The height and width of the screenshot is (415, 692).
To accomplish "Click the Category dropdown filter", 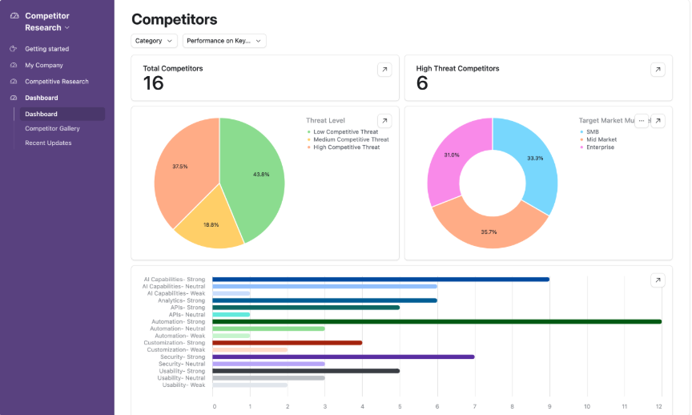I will coord(155,41).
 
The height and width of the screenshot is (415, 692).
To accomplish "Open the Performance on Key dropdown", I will coord(224,41).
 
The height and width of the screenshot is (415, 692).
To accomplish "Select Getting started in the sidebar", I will coord(46,49).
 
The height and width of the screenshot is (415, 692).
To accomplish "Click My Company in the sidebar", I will coord(43,65).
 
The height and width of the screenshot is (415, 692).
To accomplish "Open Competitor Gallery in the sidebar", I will coord(52,128).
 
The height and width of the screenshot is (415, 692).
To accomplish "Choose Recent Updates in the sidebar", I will coord(48,143).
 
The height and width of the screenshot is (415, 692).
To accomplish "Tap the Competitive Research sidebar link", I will coord(56,81).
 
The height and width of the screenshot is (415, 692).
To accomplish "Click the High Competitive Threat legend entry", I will coord(346,147).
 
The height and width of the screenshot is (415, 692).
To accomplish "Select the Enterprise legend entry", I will coord(601,147).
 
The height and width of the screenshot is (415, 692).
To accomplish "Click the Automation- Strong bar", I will coord(437,321).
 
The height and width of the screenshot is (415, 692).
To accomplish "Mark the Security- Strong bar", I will coord(343,357).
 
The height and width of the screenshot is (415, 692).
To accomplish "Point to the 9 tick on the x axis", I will coord(549,405).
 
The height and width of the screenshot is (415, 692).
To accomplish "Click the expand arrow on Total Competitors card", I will coord(384,70).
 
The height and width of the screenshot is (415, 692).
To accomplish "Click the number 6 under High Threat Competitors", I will coord(422,83).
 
